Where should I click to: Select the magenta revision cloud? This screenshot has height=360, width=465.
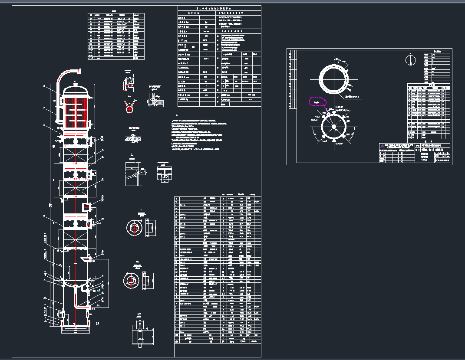317,101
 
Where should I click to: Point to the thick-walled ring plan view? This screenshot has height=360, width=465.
334,79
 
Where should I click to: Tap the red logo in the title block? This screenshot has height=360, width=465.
383,146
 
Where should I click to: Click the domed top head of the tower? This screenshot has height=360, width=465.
76,88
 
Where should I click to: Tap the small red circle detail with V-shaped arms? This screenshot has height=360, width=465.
129,109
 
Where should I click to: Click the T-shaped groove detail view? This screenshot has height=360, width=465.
163,176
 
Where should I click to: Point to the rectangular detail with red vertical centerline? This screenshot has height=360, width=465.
140,334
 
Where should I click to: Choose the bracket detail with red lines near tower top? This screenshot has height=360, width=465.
129,82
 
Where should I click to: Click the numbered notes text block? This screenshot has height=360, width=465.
195,134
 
